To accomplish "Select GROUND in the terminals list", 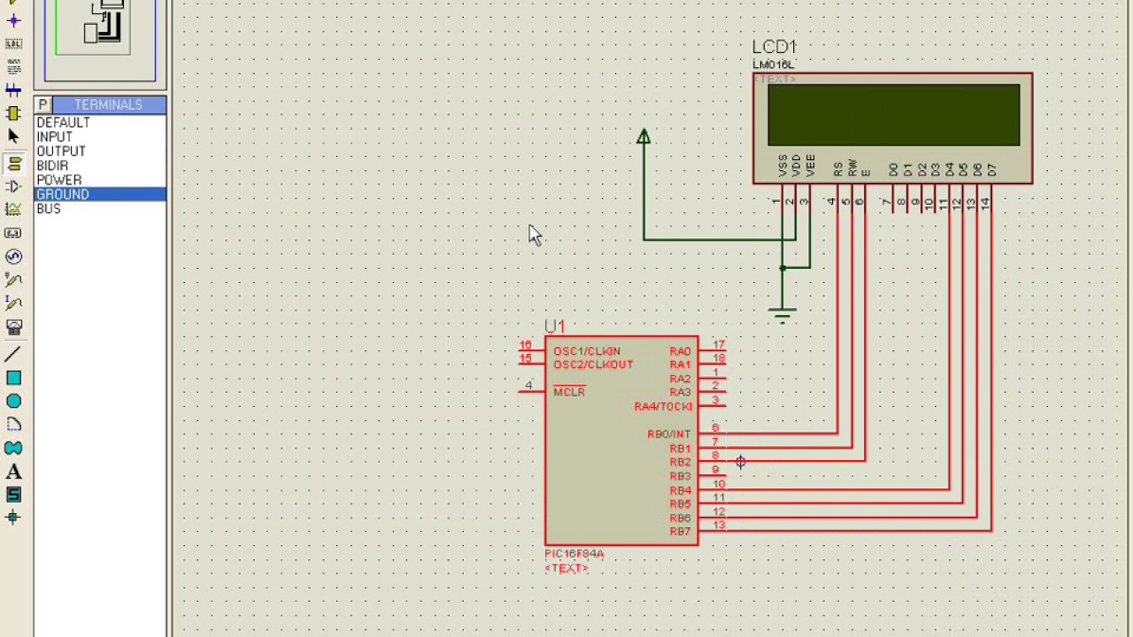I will point(63,195).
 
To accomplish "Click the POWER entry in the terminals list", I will point(59,180).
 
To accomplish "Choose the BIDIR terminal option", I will point(52,165).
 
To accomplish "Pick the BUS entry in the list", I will point(49,209).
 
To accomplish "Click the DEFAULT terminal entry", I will point(63,123).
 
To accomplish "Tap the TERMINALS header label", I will point(108,104).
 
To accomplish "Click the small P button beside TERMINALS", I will point(42,104).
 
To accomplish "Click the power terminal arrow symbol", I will point(644,137).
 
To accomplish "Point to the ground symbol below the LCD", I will point(782,313).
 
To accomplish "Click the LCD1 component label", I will point(775,47).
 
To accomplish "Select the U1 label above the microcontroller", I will point(554,326).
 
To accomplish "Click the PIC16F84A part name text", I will point(574,554).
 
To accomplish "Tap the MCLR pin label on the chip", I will point(569,392).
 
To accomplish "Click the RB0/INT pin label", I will point(668,434).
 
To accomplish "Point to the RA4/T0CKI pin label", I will point(663,407).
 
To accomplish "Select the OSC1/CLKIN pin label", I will point(587,351).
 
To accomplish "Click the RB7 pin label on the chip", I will point(680,532).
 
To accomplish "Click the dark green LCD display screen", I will point(893,115).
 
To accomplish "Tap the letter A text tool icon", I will point(13,472).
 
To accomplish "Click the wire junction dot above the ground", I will point(782,267).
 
